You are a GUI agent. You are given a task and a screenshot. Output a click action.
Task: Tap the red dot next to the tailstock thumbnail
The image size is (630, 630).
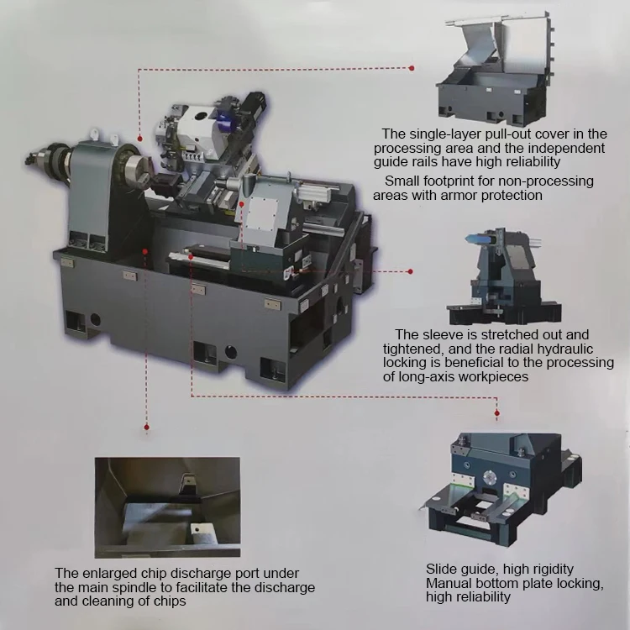click(411, 271)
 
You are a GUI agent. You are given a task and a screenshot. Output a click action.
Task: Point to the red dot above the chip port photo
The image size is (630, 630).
click(147, 429)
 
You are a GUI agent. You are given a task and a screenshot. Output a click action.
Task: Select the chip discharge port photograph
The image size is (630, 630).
click(166, 507)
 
